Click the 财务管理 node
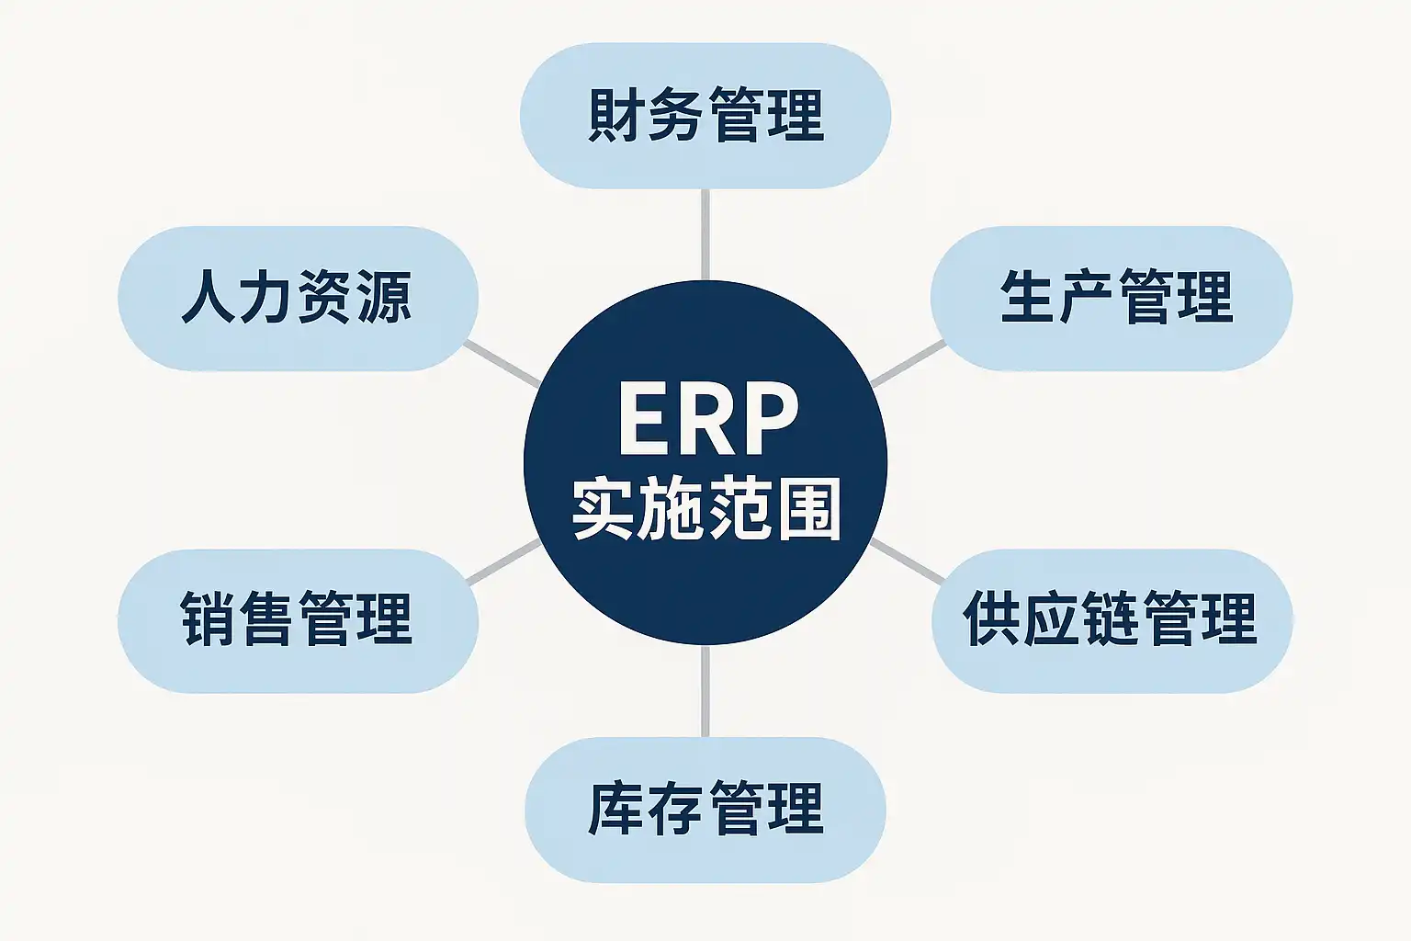tap(705, 116)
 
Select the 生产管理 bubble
tap(1112, 298)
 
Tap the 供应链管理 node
tap(1112, 621)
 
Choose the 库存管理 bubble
tap(705, 810)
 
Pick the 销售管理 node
tap(298, 621)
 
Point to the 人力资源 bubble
tap(298, 298)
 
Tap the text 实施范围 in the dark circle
tap(706, 508)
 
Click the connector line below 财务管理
tap(705, 234)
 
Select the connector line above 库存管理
tap(705, 691)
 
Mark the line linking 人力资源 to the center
tap(502, 364)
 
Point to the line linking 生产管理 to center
tap(909, 364)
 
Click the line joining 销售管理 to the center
tap(503, 561)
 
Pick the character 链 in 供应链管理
tap(1110, 618)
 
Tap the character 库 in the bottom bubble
tap(615, 809)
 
